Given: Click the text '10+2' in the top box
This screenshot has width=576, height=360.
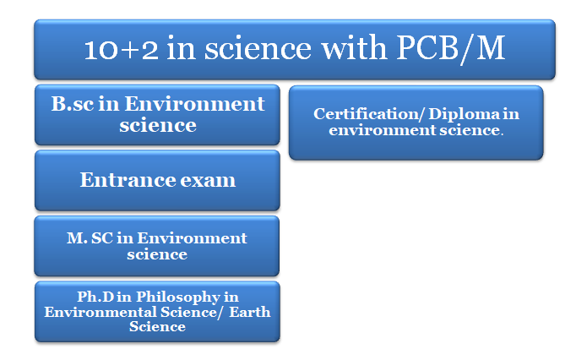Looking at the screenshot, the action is [x=122, y=49].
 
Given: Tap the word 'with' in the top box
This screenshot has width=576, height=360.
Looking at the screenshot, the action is [x=355, y=48].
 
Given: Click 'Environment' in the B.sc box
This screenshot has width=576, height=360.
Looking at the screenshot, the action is [x=195, y=104].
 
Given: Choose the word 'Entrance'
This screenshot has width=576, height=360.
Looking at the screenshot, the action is [x=127, y=180].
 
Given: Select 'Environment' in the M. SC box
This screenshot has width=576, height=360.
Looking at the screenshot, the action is [x=192, y=238].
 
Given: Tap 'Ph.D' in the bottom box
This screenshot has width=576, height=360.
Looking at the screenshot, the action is [x=95, y=297].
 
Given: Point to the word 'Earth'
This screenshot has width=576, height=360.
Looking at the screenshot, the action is [x=250, y=312].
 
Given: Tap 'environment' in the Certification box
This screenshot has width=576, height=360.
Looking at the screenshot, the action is [x=382, y=130].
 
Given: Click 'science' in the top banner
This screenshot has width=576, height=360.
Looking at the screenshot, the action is [x=258, y=49].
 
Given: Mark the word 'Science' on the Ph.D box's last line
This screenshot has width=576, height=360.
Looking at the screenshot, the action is [x=157, y=326].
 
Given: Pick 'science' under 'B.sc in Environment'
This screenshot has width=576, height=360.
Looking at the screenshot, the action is [x=158, y=125].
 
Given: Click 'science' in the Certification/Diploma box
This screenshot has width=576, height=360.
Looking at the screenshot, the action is [x=470, y=130].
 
